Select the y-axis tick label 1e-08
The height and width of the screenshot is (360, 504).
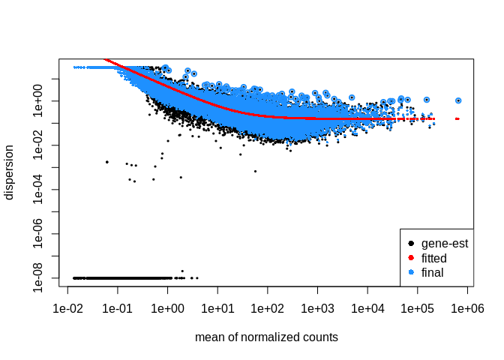point(42,277)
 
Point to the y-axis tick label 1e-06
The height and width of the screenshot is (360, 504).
point(42,233)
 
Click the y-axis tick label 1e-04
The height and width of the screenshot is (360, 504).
point(42,189)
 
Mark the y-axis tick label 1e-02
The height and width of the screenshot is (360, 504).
point(42,145)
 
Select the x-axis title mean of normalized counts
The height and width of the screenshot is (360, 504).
point(266,337)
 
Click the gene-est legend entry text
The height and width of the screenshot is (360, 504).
point(445,244)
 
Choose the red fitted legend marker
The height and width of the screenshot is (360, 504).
point(411,258)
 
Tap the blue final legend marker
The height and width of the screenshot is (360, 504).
point(411,271)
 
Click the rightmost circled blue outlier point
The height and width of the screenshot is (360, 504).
point(458,100)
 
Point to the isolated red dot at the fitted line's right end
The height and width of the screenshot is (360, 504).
point(457,118)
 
